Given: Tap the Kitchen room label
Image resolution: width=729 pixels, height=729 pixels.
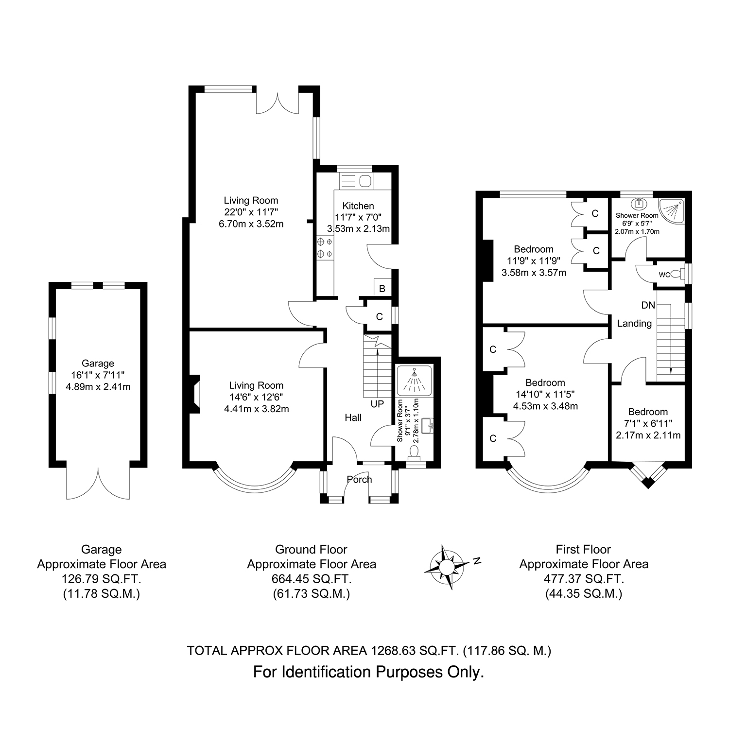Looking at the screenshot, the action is (x=358, y=206).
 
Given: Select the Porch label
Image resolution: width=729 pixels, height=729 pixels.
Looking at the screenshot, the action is (x=359, y=479).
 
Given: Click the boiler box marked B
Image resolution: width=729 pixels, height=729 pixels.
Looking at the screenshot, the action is (x=382, y=288).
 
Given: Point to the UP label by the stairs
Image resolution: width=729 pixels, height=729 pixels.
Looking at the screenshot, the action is (x=377, y=404).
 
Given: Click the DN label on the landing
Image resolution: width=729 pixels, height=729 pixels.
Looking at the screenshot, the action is (x=648, y=306).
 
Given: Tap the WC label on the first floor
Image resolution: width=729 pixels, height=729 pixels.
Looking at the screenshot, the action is (x=664, y=275).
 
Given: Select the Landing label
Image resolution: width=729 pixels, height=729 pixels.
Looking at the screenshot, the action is (x=634, y=323).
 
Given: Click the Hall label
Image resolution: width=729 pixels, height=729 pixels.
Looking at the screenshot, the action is (x=353, y=417).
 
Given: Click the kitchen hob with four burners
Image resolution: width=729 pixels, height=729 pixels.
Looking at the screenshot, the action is (x=325, y=247).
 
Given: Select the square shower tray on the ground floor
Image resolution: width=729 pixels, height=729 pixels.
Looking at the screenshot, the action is (x=414, y=380).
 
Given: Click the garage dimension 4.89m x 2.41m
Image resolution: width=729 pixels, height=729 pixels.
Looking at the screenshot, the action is (x=98, y=387).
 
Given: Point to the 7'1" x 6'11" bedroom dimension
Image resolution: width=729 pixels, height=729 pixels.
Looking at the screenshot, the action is (x=648, y=423).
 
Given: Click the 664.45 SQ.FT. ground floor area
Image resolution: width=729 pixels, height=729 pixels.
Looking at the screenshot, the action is (x=312, y=579).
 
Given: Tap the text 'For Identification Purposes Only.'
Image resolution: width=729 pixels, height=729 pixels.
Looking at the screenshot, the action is (x=369, y=672).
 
